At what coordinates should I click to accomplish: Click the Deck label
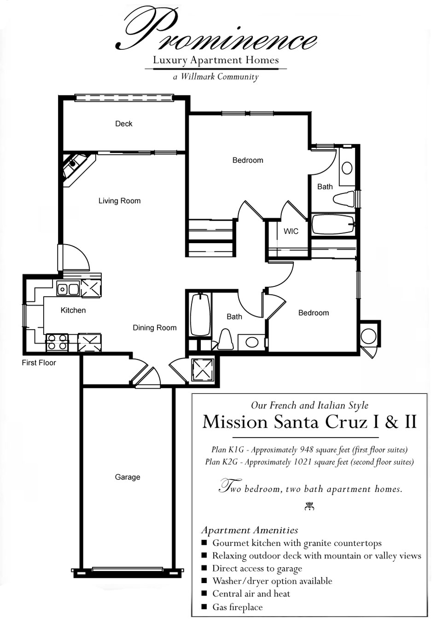pos(123,123)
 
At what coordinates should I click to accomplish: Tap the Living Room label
pos(119,201)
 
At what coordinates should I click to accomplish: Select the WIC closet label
pos(291,231)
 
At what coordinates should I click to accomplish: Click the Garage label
pos(128,477)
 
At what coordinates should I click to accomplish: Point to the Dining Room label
pos(155,328)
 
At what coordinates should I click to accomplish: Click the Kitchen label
pos(73,310)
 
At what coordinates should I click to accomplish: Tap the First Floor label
pos(39,363)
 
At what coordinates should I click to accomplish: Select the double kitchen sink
pos(68,289)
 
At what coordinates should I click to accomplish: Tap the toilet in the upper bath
pos(343,199)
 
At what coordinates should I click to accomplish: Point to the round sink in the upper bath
pos(347,167)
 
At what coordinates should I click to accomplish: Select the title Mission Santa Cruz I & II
pos(309,422)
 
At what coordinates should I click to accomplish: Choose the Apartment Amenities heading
pos(250,531)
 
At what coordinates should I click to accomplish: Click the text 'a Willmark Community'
pos(215,77)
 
